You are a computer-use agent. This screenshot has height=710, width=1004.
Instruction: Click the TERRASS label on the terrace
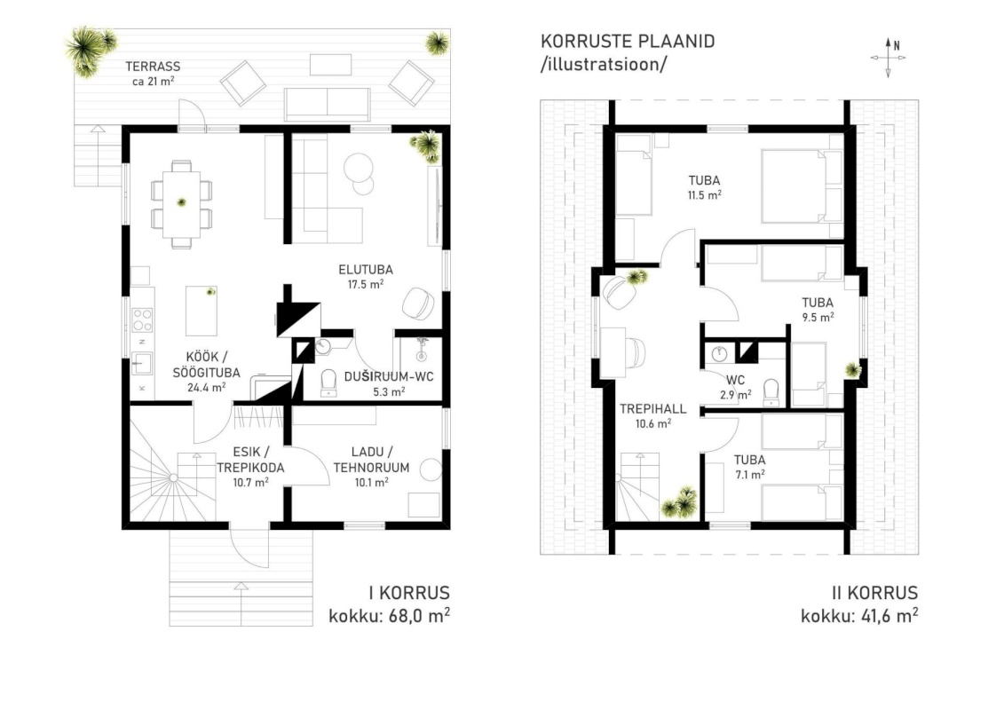[153, 66]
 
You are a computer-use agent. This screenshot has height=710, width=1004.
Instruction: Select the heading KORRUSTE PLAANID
[628, 42]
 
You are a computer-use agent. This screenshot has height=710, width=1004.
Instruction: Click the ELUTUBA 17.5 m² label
[366, 277]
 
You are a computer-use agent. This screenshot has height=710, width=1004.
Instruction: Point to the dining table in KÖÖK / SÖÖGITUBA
[181, 204]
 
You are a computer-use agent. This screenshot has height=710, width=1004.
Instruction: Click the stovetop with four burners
[142, 319]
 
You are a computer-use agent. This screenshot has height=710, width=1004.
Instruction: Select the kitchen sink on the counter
[141, 364]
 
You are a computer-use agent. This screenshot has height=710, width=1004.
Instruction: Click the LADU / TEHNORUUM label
[371, 460]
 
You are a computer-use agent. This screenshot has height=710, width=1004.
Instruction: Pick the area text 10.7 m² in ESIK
[251, 483]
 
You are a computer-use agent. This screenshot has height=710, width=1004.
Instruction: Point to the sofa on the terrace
[328, 105]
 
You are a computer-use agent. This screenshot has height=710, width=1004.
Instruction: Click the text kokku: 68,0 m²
[390, 616]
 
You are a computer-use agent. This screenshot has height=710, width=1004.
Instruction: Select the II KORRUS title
[874, 593]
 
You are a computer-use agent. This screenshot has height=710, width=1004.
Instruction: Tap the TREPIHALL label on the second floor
[653, 408]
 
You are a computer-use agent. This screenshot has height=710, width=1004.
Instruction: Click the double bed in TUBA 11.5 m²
[802, 186]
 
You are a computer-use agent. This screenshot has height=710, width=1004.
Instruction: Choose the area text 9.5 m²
[818, 317]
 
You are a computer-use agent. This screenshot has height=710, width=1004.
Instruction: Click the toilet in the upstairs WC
[771, 391]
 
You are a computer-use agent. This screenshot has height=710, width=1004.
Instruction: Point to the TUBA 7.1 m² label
[750, 467]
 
